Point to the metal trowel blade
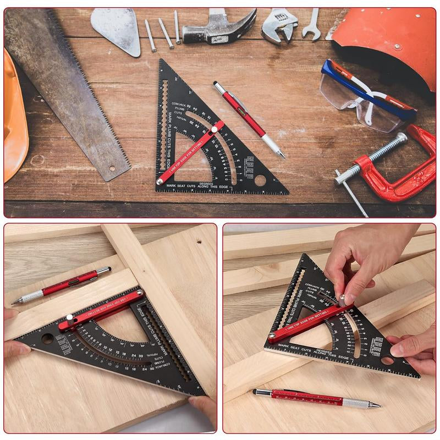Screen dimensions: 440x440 [117, 30]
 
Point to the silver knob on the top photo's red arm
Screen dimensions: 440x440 [213, 130]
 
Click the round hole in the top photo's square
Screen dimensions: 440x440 [260, 180]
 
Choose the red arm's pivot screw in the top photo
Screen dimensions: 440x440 [159, 181]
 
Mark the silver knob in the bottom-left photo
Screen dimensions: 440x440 [69, 318]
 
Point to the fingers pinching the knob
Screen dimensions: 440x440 [344, 291]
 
